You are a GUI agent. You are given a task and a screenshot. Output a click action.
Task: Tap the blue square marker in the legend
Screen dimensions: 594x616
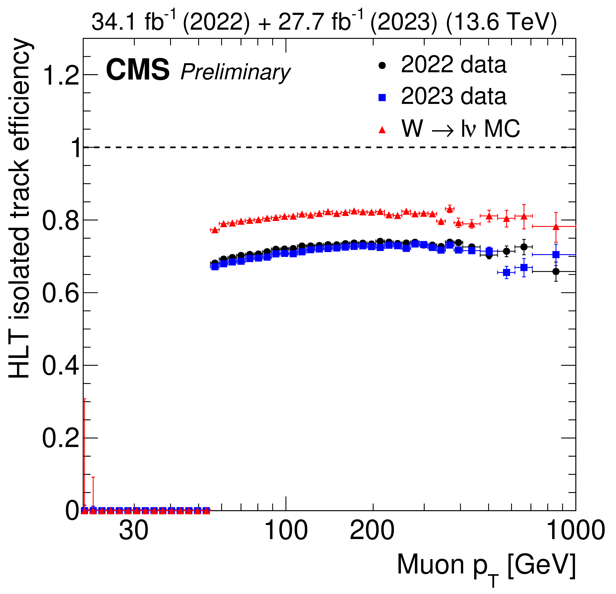point(382,98)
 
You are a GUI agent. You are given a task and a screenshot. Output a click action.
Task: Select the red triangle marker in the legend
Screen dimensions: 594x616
point(382,130)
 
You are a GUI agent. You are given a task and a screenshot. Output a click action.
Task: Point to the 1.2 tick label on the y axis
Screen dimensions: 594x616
point(60,75)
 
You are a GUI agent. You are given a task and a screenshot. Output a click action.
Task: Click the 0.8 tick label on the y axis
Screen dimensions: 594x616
point(60,221)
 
